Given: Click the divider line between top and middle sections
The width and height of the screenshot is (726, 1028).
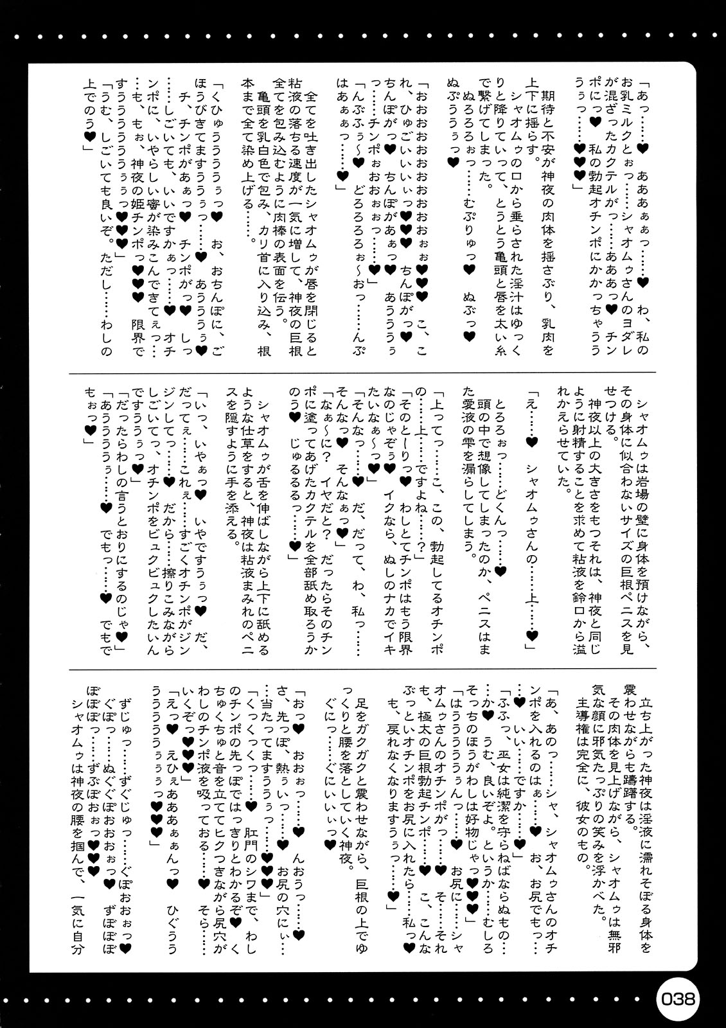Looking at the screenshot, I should tap(363, 372).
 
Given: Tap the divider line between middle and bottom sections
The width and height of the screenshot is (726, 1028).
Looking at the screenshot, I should tap(363, 668).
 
